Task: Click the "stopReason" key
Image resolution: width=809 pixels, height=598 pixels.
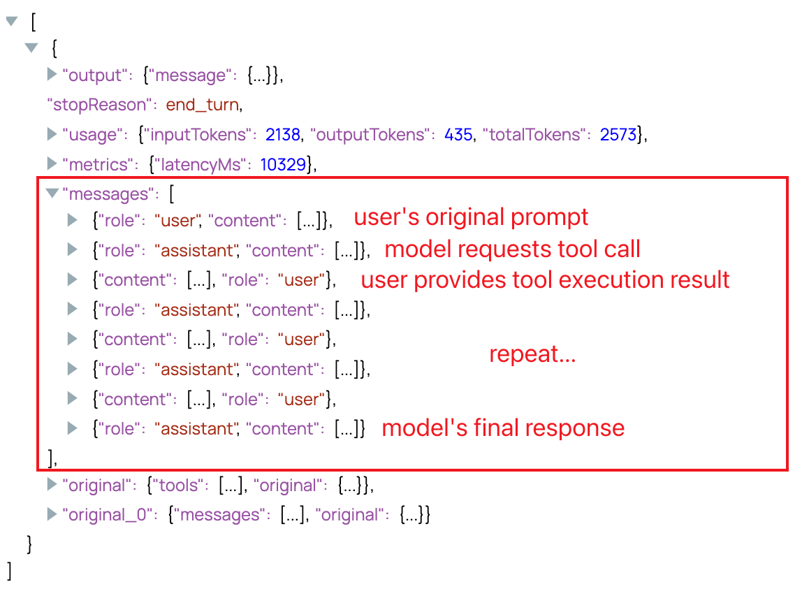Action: pos(99,105)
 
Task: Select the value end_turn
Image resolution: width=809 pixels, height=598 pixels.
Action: pos(203,105)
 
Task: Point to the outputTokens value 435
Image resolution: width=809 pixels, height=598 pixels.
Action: pos(458,134)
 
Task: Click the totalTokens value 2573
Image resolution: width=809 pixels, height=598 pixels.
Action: pos(618,134)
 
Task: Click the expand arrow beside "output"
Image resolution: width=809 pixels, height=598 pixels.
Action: pos(52,74)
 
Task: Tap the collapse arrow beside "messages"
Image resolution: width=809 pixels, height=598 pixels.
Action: pos(52,194)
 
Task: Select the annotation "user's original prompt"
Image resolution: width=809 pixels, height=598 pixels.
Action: pos(471,217)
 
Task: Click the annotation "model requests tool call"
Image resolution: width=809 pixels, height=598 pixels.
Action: pos(512,249)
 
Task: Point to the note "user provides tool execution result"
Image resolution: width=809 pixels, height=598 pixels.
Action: pos(545,279)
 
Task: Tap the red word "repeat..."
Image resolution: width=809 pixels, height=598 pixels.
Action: pos(532,354)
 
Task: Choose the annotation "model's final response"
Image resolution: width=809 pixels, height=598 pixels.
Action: pos(503,428)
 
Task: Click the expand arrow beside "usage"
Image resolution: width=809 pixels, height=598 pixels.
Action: pos(52,133)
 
